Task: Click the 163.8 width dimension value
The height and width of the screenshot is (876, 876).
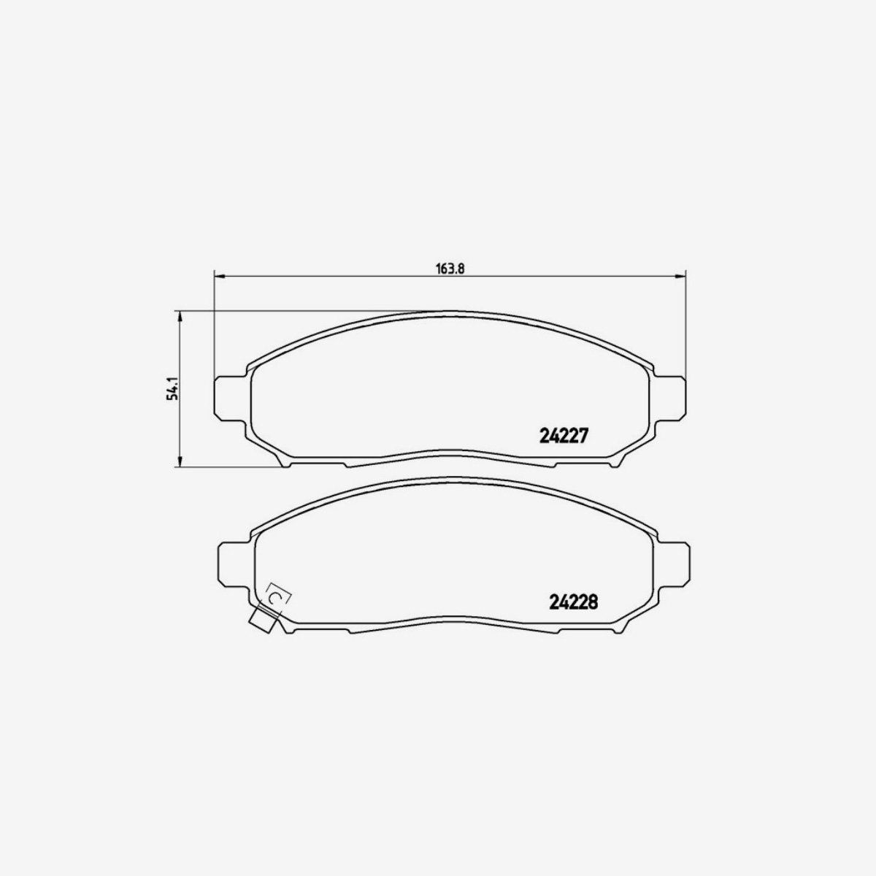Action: [x=450, y=268]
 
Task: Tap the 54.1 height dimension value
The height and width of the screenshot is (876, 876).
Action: [x=172, y=388]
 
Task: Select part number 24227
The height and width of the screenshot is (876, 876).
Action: [x=563, y=436]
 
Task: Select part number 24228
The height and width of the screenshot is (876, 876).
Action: [x=573, y=602]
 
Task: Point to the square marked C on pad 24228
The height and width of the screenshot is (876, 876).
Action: [x=277, y=596]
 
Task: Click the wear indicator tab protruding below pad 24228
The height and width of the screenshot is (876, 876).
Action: [x=261, y=622]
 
